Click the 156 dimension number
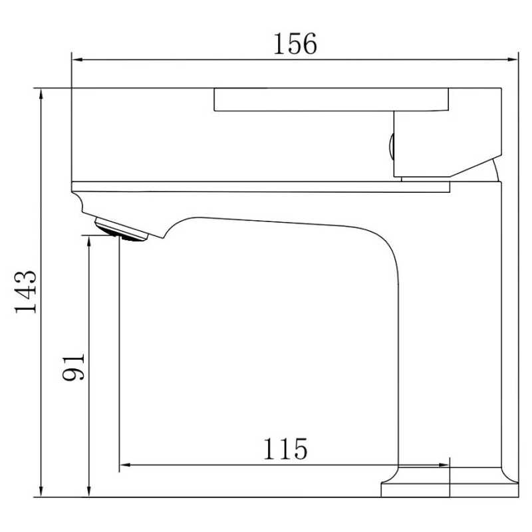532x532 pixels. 295,44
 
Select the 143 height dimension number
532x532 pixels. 25,292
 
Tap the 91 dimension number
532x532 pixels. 73,367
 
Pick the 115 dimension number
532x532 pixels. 285,448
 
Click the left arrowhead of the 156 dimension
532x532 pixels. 77,60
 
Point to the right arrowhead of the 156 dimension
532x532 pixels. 512,60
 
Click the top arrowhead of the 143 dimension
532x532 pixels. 41,94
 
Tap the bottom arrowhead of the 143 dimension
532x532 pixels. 41,491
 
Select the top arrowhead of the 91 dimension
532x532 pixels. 89,241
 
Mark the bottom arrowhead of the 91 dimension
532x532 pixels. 89,491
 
